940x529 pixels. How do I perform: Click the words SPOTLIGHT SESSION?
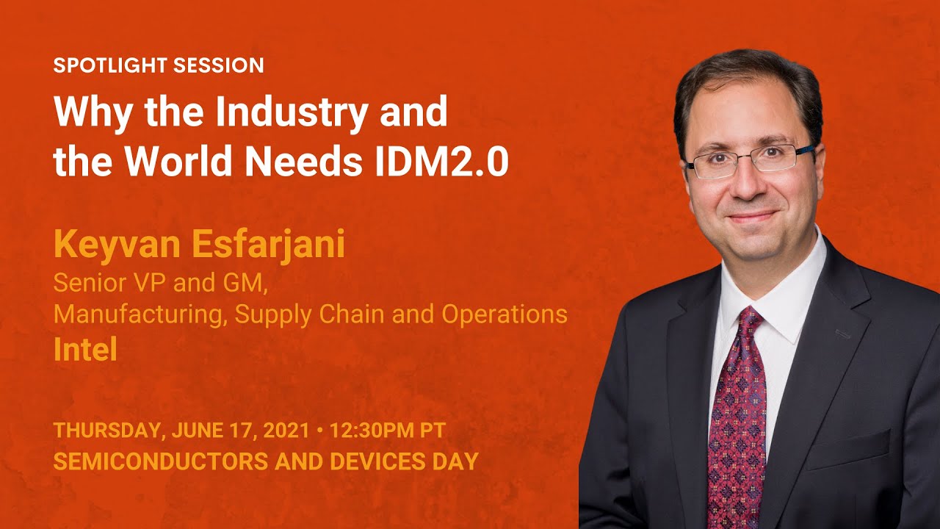click(x=159, y=65)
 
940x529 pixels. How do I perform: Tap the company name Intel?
click(x=85, y=350)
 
